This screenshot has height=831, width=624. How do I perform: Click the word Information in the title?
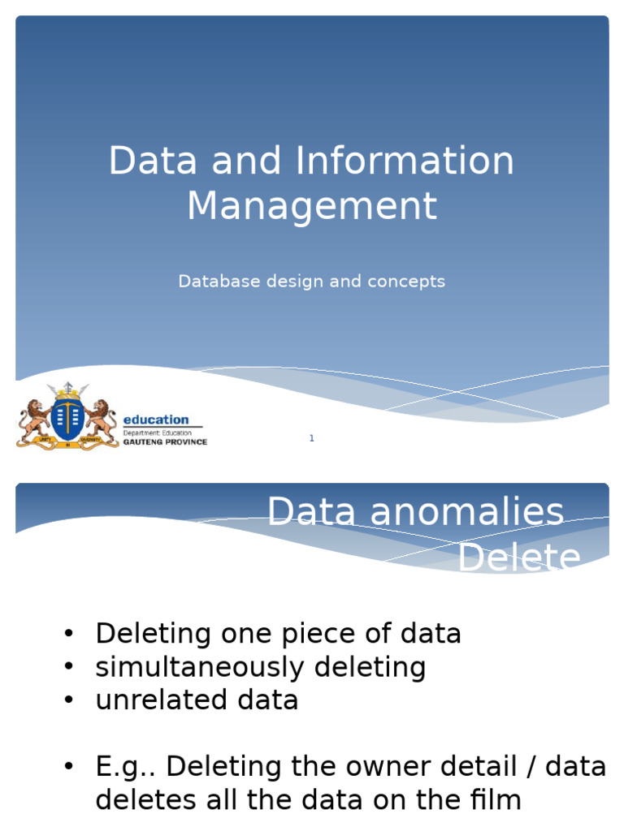[x=405, y=161]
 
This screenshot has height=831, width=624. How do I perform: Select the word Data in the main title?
[x=153, y=161]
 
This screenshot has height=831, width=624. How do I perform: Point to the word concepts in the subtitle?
[x=406, y=282]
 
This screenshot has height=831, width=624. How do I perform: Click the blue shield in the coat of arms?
[x=67, y=415]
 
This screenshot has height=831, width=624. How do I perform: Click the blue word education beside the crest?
[x=155, y=420]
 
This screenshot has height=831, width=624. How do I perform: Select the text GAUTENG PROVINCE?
[x=164, y=442]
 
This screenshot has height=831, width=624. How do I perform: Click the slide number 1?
[x=311, y=439]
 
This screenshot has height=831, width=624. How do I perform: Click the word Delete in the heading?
[x=519, y=559]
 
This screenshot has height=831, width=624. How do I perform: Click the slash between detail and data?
[x=532, y=767]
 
